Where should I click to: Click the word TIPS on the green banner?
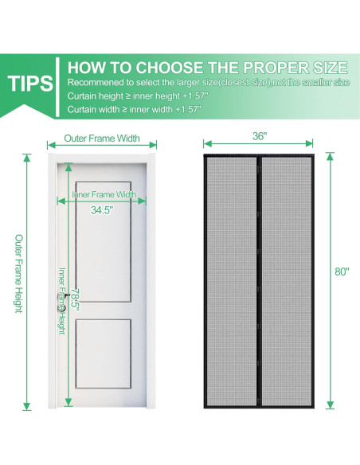tap(30, 83)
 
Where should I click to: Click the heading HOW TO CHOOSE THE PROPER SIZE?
tap(207, 68)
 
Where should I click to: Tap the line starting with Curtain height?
tap(138, 96)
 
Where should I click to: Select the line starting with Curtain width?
tap(135, 109)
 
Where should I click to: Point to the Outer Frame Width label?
tap(102, 139)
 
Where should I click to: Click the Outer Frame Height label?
tap(19, 273)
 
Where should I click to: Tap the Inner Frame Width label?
tap(104, 194)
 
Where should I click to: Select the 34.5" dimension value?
tap(102, 210)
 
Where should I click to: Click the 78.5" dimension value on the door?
tap(76, 300)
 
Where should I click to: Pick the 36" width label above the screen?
tap(260, 136)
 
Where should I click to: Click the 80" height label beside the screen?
tap(342, 272)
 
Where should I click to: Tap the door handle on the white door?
tap(61, 303)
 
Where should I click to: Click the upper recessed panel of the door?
tap(104, 242)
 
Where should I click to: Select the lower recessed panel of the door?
tap(104, 354)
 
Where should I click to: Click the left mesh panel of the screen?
tap(232, 281)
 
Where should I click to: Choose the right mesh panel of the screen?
tap(287, 281)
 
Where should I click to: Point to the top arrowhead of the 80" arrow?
tap(330, 156)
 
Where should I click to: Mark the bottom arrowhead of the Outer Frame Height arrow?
tap(27, 406)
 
